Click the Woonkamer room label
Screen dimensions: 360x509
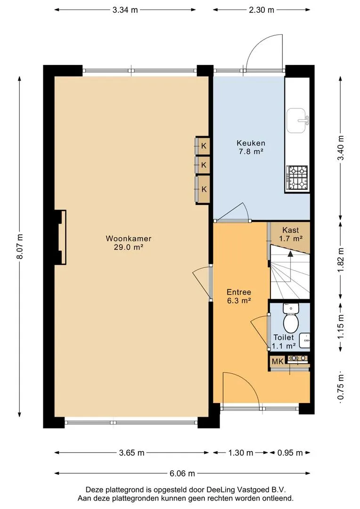click(129, 238)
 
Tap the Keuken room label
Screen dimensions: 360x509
click(251, 143)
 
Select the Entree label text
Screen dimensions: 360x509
click(239, 292)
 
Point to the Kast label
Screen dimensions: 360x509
click(291, 230)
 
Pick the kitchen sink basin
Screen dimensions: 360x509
click(296, 120)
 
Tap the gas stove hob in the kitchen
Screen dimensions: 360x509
click(297, 178)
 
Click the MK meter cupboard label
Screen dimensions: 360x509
click(278, 361)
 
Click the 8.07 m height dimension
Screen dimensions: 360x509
click(20, 246)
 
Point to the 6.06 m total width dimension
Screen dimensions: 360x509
click(182, 473)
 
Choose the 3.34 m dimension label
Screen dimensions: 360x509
click(125, 10)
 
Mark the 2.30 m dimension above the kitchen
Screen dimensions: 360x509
click(262, 10)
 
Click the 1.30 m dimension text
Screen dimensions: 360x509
click(240, 452)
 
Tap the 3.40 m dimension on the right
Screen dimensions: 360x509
click(341, 148)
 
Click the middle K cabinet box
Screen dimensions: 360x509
click(203, 165)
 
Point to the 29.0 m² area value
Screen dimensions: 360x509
click(129, 247)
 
